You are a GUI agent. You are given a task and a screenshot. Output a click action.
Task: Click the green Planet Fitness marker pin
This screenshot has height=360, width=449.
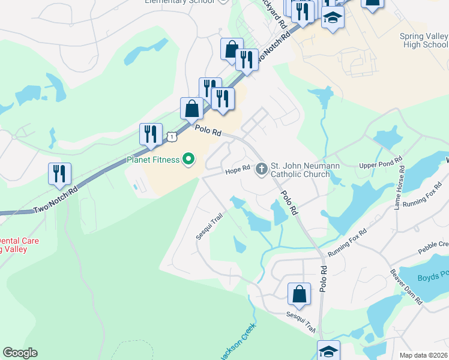[x=188, y=160]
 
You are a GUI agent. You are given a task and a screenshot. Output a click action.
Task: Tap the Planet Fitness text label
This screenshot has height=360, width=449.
[x=154, y=160]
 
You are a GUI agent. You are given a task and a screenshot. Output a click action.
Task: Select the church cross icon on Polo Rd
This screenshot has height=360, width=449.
[x=261, y=169]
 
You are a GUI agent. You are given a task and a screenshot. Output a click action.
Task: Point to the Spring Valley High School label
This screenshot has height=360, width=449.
[x=423, y=40]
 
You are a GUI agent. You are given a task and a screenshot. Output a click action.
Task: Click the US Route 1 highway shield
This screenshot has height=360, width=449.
[x=172, y=137]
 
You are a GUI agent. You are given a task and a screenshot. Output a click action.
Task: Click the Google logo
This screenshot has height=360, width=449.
[x=20, y=353]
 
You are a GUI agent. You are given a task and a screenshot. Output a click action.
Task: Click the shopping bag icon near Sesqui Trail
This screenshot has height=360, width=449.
[x=299, y=295]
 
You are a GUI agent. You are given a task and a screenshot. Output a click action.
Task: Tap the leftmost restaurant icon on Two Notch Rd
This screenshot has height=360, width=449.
[x=59, y=173]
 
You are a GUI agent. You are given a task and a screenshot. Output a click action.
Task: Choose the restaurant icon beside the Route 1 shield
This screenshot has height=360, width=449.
[x=151, y=134]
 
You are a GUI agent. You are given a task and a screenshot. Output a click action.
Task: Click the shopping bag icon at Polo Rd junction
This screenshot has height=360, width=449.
[x=191, y=109]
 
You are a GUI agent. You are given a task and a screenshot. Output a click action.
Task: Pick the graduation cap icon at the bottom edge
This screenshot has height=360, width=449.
[x=328, y=351]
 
